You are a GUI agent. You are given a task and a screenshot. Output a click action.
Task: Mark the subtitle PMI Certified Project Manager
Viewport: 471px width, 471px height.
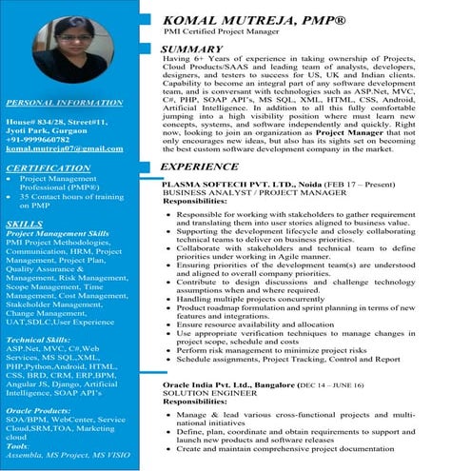point(228,33)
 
